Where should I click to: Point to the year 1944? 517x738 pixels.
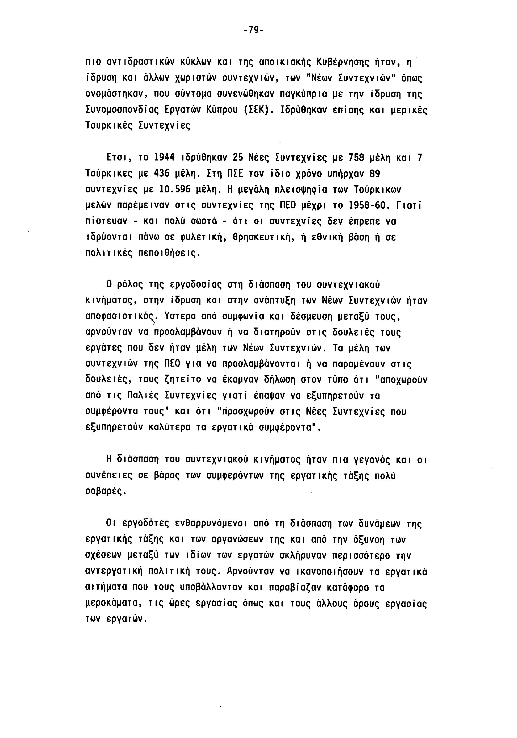click(164, 158)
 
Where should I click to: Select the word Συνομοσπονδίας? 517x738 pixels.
click(122, 110)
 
